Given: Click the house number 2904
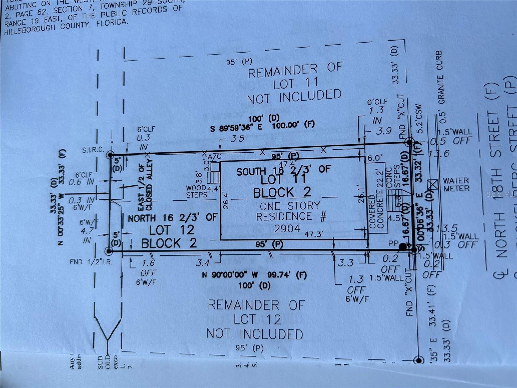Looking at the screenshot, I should [287, 229].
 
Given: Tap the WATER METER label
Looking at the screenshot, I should [456, 185].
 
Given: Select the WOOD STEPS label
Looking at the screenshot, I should [196, 191].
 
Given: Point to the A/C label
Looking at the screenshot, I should [215, 156].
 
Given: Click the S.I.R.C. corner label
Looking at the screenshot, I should [93, 150].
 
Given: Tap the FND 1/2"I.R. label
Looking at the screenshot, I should [91, 262].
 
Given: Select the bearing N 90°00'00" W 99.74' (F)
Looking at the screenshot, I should [254, 275].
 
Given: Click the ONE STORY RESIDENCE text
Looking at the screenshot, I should [290, 211].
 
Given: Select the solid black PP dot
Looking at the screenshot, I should [403, 247].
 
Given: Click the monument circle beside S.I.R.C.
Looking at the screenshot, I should [110, 155].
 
